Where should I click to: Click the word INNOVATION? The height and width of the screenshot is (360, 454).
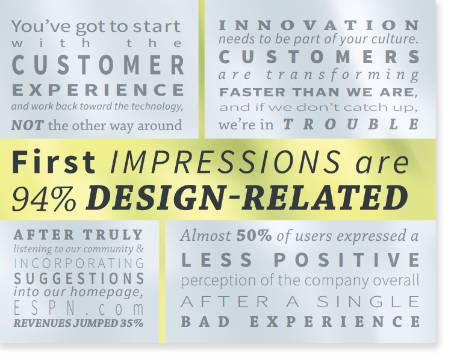[319, 25]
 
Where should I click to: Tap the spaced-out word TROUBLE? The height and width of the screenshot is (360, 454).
[350, 125]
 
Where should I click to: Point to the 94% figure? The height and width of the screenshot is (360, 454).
[45, 199]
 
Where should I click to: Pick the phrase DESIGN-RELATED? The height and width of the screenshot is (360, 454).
[247, 197]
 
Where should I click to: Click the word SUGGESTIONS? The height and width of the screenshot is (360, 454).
[79, 278]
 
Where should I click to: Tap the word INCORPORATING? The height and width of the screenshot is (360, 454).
[79, 263]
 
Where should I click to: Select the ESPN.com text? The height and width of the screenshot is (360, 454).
[79, 308]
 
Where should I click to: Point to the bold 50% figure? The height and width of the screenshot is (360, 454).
[254, 236]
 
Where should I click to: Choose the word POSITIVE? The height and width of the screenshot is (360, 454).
[347, 259]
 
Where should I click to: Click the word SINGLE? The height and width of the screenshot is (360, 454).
[368, 302]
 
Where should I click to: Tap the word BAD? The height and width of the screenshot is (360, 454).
[205, 321]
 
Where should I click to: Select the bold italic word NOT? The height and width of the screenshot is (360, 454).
[27, 125]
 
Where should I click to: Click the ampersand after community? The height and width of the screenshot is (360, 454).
[140, 249]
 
